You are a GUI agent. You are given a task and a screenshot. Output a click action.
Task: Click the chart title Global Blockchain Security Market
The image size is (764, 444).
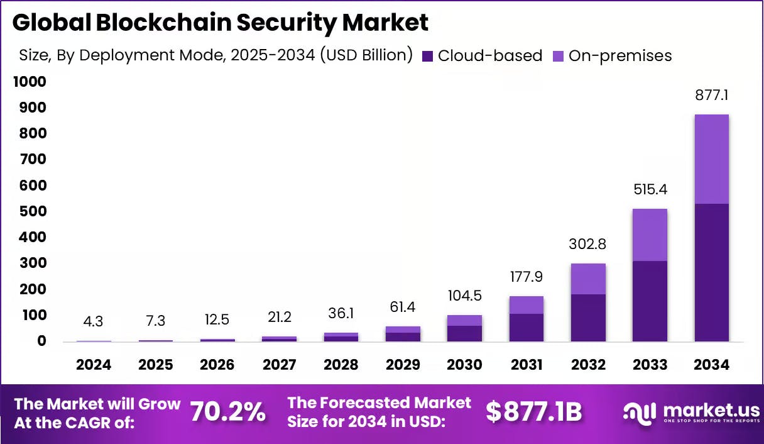click(x=220, y=23)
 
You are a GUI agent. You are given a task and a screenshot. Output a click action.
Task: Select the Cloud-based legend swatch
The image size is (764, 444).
click(x=427, y=56)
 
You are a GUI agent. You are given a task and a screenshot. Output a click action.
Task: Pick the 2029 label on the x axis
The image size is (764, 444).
click(x=403, y=365)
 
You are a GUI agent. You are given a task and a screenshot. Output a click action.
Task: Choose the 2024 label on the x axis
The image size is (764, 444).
click(x=94, y=365)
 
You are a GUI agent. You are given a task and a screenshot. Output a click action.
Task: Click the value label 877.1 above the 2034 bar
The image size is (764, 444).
click(x=711, y=96)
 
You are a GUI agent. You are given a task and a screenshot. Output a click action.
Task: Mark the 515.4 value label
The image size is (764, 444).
click(x=650, y=189)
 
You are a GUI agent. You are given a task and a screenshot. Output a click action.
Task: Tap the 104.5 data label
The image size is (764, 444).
click(x=464, y=296)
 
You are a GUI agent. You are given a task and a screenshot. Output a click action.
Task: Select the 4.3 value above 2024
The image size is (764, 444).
click(x=94, y=321)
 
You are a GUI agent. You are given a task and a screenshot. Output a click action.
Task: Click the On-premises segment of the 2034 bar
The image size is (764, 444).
click(x=711, y=159)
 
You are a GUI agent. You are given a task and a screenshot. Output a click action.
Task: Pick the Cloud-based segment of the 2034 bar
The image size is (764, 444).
click(x=711, y=272)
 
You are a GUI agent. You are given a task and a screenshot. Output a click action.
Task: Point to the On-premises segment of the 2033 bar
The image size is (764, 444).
click(x=650, y=235)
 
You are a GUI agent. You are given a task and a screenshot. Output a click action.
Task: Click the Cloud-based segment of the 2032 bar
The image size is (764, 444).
click(x=588, y=318)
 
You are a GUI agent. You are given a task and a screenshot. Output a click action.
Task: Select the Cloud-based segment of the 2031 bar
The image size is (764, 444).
click(x=527, y=327)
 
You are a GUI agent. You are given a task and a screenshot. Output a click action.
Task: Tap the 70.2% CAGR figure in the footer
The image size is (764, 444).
click(x=227, y=412)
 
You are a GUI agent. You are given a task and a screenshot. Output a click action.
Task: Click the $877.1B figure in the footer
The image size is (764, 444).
click(x=534, y=412)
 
